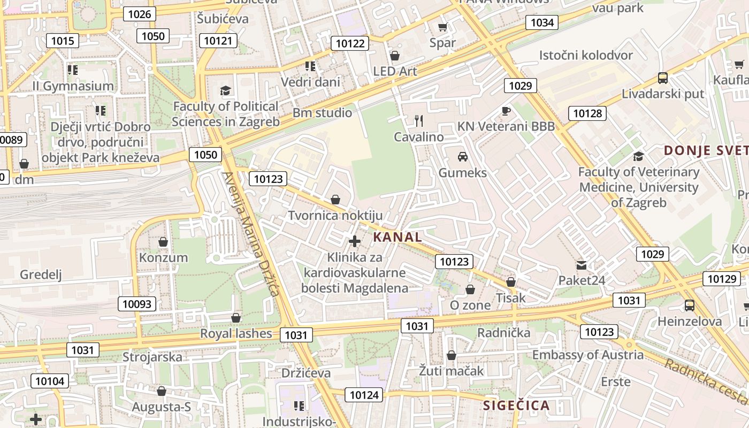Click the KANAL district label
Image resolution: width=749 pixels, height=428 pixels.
click(x=397, y=237)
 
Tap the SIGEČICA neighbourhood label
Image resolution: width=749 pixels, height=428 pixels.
click(x=516, y=405)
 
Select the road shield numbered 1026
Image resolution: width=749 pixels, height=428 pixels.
click(x=140, y=14)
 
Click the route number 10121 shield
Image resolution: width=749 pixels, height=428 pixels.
click(x=218, y=40)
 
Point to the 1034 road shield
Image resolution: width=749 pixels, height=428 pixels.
click(x=542, y=22)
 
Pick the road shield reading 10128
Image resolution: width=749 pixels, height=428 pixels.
click(x=587, y=113)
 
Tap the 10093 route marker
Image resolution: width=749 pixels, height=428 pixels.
click(x=137, y=304)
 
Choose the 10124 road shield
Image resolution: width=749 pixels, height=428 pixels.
click(x=364, y=395)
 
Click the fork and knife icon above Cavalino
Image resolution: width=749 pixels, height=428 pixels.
click(x=419, y=121)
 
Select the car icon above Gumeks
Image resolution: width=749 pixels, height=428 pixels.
click(x=463, y=157)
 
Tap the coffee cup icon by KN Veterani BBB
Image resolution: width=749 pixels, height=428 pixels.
click(x=506, y=111)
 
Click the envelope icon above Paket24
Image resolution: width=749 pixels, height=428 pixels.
click(x=582, y=265)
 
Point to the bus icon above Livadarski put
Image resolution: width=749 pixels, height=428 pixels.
click(x=663, y=78)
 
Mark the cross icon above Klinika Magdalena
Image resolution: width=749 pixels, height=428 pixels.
click(x=354, y=241)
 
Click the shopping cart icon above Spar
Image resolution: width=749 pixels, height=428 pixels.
click(x=442, y=27)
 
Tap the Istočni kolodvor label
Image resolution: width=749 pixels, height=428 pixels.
click(x=586, y=55)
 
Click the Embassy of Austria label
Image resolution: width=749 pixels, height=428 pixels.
click(x=588, y=355)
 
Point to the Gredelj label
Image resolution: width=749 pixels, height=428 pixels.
click(x=41, y=275)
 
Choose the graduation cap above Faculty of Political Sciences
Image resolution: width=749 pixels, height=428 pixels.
click(x=226, y=90)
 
